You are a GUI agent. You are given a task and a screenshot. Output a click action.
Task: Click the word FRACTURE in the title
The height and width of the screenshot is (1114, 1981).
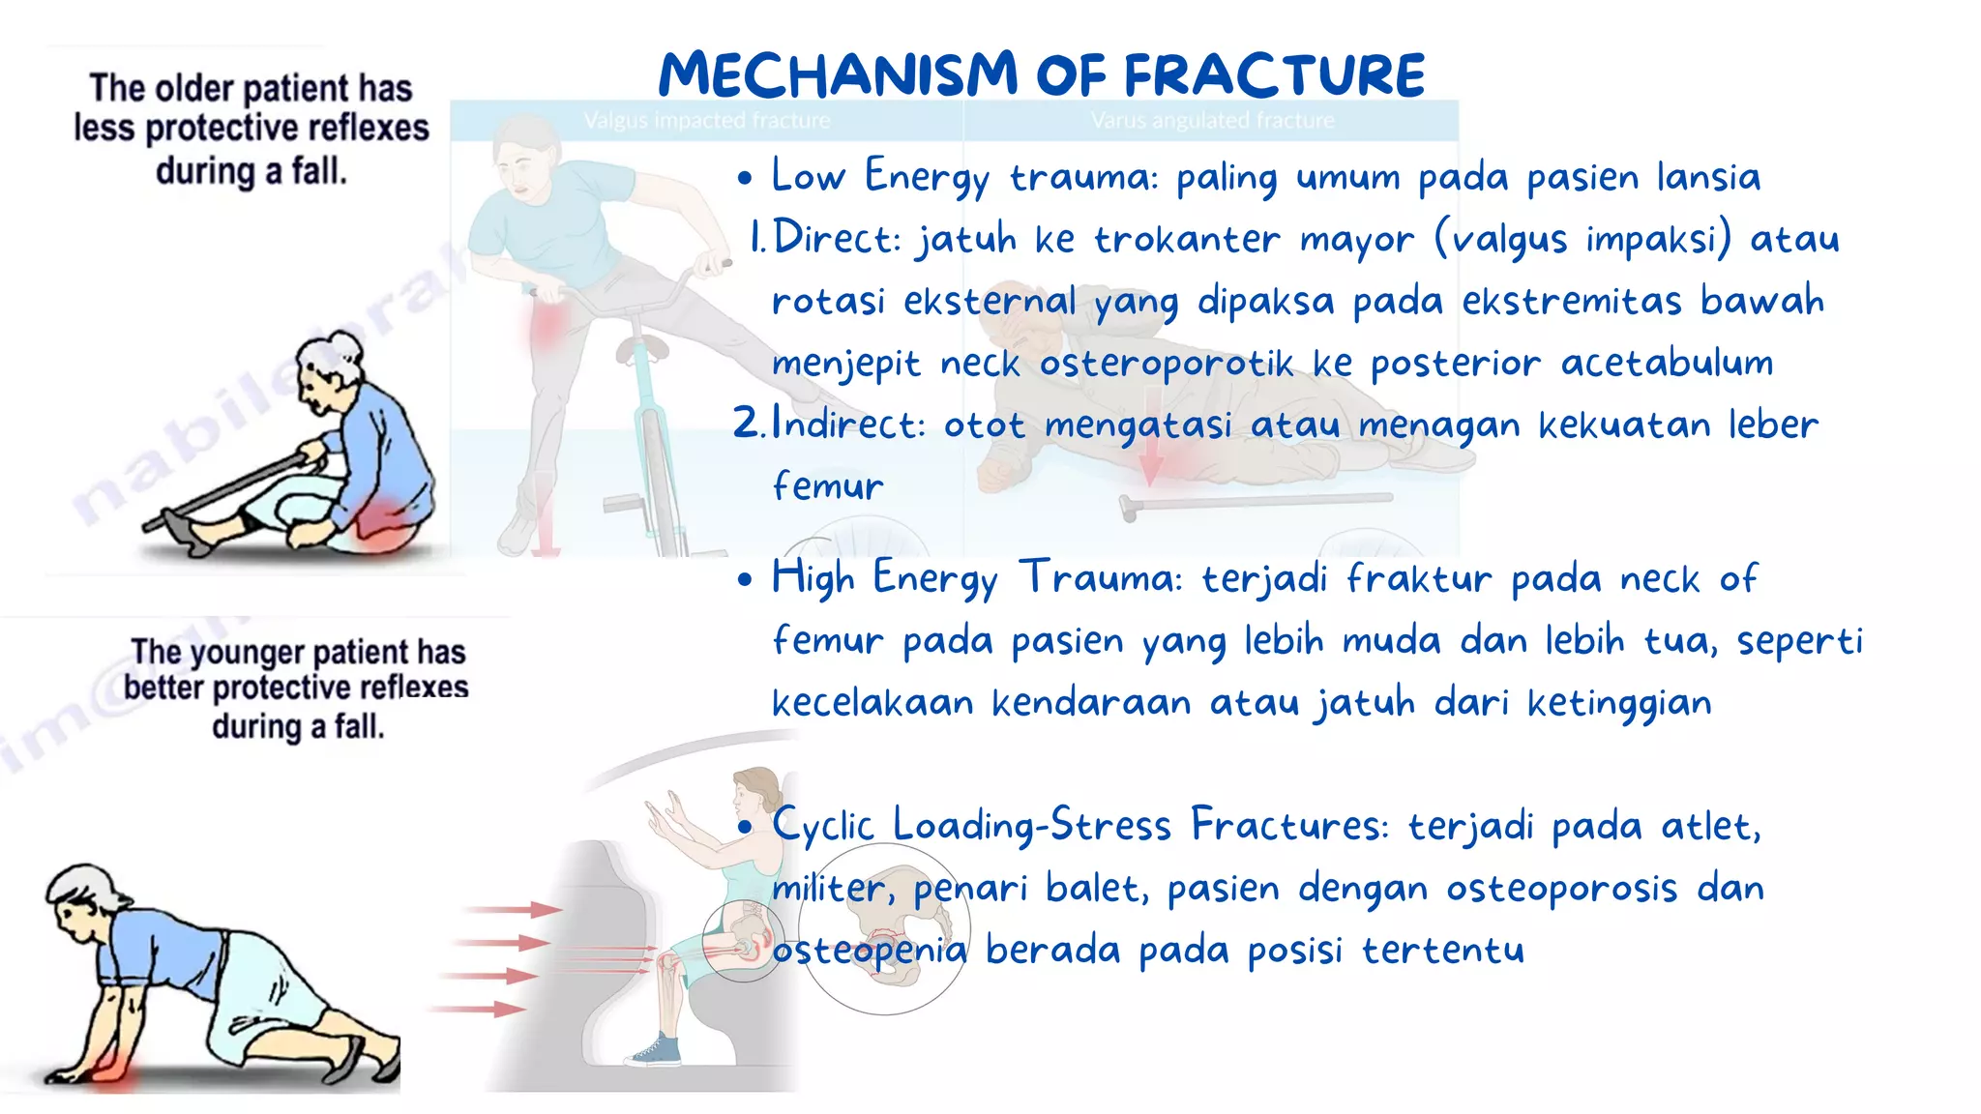1274,75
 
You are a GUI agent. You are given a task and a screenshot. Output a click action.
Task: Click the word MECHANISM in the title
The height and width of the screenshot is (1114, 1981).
838,75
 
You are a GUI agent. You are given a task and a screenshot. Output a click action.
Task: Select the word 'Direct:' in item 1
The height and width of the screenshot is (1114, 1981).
838,239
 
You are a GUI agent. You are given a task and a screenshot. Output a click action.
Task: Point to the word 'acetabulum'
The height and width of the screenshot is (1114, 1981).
1667,364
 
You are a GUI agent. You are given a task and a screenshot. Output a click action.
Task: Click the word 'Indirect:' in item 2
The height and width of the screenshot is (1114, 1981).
848,425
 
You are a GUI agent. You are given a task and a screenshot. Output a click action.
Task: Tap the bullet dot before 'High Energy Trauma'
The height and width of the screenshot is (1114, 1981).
744,580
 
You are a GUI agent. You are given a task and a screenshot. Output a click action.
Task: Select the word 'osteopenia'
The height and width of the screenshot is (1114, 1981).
869,952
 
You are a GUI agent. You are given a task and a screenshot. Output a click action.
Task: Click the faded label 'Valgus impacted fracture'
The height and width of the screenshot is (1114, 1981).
707,121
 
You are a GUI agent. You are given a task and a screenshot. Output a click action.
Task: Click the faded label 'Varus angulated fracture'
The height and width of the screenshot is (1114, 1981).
1212,121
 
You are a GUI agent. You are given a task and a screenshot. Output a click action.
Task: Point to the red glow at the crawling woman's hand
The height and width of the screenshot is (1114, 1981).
114,1071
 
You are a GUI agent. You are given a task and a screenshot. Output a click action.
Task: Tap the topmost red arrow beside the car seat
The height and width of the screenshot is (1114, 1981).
513,909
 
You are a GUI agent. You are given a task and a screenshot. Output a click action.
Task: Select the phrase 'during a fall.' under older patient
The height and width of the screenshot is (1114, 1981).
251,171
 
